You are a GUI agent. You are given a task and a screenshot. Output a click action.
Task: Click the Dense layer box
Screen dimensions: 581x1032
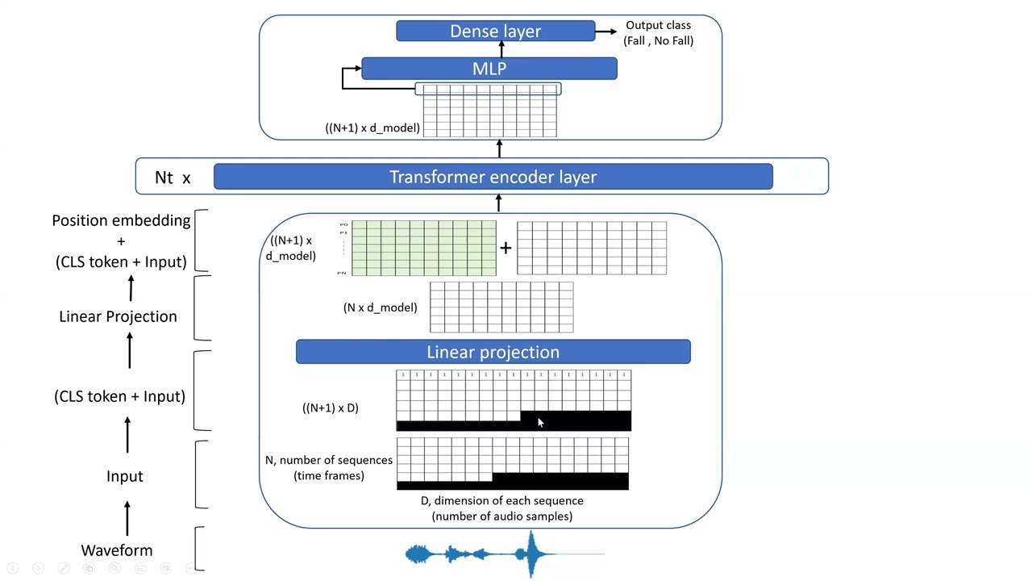tap(495, 31)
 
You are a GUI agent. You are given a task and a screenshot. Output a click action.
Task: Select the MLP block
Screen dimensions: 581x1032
tap(489, 69)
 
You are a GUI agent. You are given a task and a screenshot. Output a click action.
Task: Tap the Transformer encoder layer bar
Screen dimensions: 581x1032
tap(493, 177)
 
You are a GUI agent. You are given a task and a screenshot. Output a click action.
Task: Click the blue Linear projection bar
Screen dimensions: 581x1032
tap(493, 352)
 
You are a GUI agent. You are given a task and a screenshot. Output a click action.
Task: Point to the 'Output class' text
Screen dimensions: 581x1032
tap(658, 25)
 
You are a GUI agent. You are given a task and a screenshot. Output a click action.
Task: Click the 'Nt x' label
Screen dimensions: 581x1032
tap(173, 178)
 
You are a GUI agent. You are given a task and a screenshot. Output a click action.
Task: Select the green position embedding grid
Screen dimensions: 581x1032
tap(423, 248)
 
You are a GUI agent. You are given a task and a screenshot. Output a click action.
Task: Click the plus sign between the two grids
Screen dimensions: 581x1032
tap(506, 248)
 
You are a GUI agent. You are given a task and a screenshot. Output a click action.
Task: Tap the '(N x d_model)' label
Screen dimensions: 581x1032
tap(380, 307)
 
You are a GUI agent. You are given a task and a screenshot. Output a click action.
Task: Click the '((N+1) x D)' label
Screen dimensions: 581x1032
tap(330, 408)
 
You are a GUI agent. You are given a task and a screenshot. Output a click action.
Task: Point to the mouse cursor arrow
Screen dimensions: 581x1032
tap(540, 423)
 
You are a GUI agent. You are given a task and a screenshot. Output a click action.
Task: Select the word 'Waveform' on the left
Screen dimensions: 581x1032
tap(117, 550)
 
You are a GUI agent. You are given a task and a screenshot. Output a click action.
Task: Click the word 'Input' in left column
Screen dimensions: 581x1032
tap(124, 476)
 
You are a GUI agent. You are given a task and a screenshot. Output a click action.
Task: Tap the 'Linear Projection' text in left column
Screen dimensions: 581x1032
tap(118, 316)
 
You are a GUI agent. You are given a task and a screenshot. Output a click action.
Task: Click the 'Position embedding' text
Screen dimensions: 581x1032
tap(121, 220)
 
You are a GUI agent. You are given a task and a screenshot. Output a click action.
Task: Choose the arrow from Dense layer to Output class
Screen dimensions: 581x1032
tap(605, 31)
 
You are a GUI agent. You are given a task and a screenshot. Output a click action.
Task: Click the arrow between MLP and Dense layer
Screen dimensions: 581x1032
tap(501, 49)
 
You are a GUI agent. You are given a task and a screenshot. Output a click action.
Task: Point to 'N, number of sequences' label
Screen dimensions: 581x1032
tap(329, 460)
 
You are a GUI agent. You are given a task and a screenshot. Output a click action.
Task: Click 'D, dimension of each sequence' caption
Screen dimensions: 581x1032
tap(501, 501)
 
